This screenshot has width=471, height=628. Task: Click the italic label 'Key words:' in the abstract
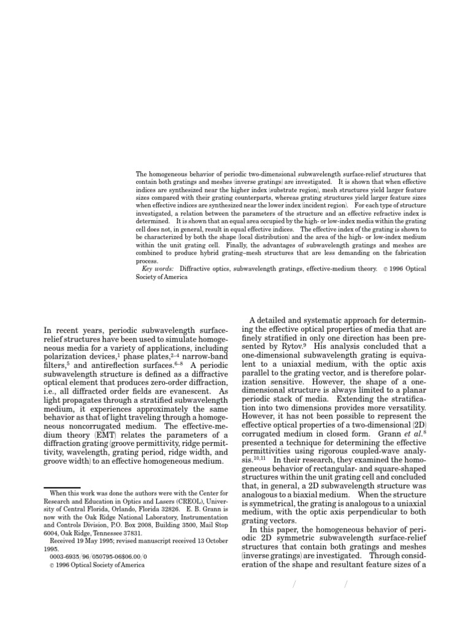point(157,269)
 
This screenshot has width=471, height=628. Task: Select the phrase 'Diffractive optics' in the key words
point(205,269)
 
